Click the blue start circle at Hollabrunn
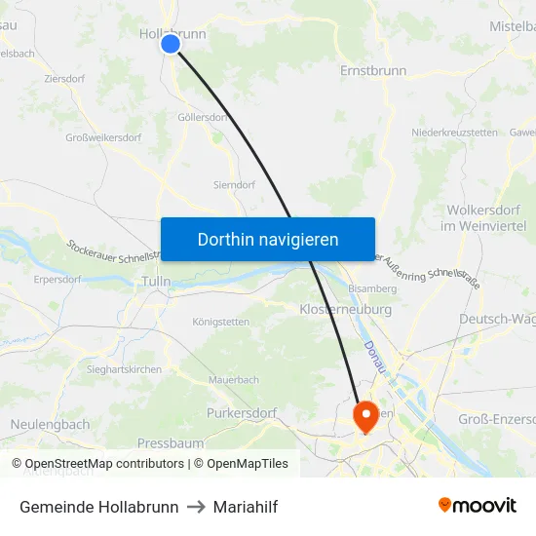(x=171, y=44)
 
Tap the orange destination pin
(x=366, y=417)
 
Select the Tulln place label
(x=156, y=282)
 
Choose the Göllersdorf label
(x=202, y=117)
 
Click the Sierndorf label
(x=234, y=184)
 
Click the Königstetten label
(x=221, y=322)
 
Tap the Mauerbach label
(x=234, y=379)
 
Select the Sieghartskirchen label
(x=123, y=370)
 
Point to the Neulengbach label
(x=51, y=425)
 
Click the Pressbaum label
(x=170, y=442)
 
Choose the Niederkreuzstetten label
(x=455, y=132)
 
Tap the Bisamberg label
(x=372, y=289)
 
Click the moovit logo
(x=478, y=506)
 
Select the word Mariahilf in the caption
(x=241, y=507)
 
